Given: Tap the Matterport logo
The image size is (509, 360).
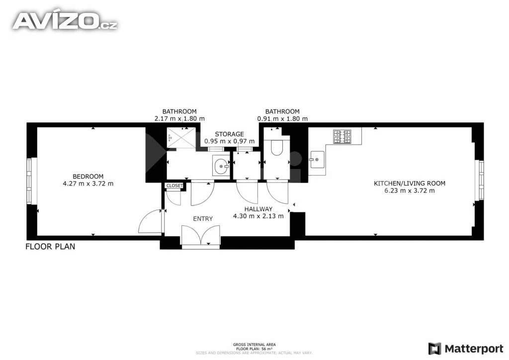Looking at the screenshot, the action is tap(466, 349).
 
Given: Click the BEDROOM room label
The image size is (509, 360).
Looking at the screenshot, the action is tap(88, 177).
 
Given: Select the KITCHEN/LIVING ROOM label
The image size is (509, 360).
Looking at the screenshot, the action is tap(410, 183).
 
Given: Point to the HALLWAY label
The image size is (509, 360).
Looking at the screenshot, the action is tap(258, 209).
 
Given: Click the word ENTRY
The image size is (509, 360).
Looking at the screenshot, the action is tap(203, 219).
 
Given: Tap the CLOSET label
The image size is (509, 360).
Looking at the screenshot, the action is tap(174, 185).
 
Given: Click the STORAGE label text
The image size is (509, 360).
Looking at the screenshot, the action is tap(229, 134).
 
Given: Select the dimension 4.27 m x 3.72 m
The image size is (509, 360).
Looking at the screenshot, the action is tap(88, 184).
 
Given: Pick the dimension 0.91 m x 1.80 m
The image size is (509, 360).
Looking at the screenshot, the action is tap(282, 119).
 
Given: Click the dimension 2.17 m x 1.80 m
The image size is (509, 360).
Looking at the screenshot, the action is tap(179, 119).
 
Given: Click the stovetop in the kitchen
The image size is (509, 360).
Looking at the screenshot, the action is tap(342, 137).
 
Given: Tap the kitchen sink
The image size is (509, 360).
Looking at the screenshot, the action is tap(317, 160).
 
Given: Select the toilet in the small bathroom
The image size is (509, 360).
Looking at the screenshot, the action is tap(276, 146).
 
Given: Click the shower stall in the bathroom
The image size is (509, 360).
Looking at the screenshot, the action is tap(181, 138).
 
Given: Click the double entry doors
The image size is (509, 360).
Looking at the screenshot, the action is tap(201, 236).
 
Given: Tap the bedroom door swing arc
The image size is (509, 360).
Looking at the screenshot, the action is tap(150, 221).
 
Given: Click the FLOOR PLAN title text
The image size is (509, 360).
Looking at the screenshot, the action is tap(50, 247).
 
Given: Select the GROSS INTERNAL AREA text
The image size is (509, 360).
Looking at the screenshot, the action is tap(254, 345).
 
